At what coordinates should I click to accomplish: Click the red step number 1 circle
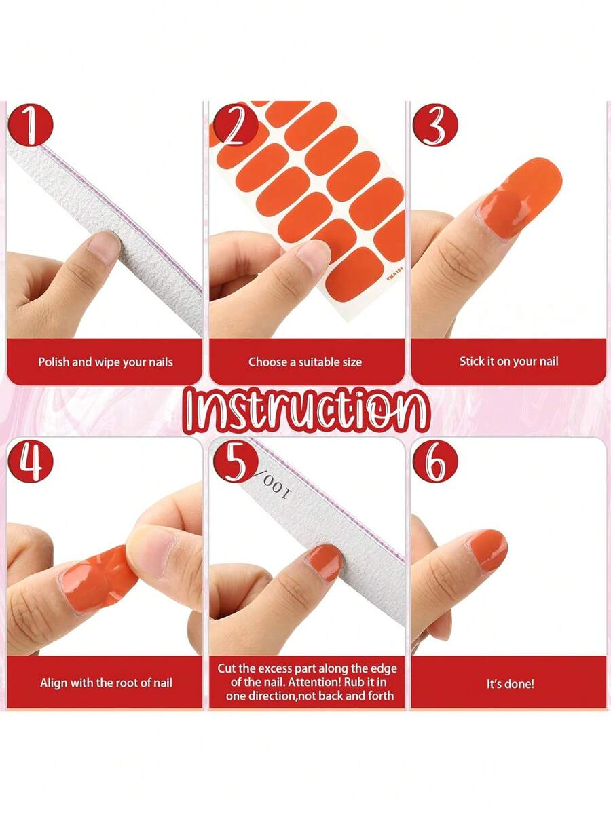click(31, 125)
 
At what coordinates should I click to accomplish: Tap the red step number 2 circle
click(235, 125)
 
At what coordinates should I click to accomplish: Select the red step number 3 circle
click(436, 125)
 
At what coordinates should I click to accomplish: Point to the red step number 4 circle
click(31, 460)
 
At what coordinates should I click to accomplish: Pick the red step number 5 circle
click(236, 460)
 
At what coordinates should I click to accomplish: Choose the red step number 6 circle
click(436, 460)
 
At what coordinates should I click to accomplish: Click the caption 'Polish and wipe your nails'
click(105, 362)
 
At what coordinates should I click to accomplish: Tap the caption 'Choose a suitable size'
click(305, 362)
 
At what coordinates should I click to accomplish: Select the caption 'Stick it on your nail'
click(508, 362)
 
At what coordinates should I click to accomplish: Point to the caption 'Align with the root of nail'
click(106, 683)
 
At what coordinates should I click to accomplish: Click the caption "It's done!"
click(510, 684)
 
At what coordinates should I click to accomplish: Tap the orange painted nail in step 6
click(487, 550)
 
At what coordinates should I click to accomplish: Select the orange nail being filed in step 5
click(324, 561)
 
